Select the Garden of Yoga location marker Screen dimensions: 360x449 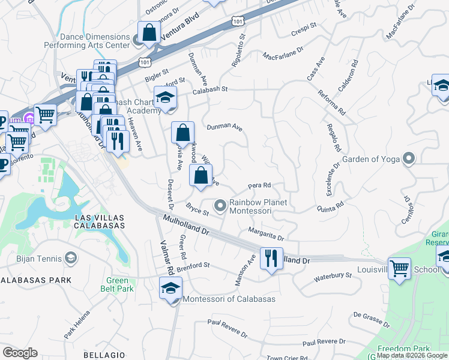tap(409, 159)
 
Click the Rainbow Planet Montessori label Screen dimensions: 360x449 tap(250, 206)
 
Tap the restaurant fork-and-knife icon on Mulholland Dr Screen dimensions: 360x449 tap(271, 259)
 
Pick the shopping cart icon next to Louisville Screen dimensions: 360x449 tap(399, 269)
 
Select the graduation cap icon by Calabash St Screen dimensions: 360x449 tap(165, 97)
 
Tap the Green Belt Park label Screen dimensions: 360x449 tap(116, 284)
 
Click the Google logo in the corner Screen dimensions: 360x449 tap(20, 353)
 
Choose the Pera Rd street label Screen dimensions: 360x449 tap(260, 185)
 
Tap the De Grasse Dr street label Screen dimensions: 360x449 tap(372, 319)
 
